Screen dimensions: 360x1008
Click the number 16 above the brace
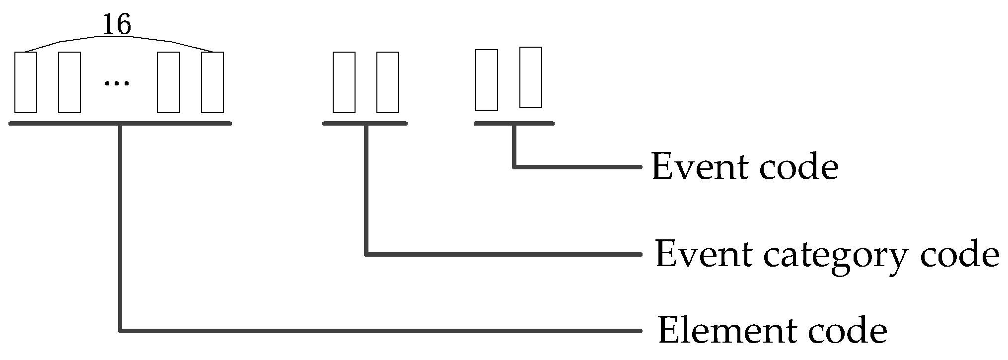click(117, 25)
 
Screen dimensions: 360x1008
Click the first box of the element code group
click(26, 82)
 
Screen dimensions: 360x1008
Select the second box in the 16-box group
click(70, 82)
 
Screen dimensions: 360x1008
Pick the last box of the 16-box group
click(213, 82)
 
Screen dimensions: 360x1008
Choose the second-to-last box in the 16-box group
click(168, 82)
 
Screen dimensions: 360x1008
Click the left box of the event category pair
click(344, 82)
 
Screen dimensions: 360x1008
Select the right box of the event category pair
click(388, 82)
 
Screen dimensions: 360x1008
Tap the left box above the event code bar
click(487, 80)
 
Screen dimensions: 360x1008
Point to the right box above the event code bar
click(531, 77)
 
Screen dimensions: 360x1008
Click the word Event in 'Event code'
click(700, 167)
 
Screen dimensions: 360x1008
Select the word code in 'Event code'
click(798, 167)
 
